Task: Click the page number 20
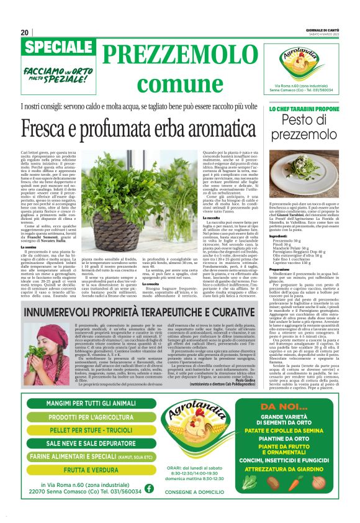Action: pos(25,32)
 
